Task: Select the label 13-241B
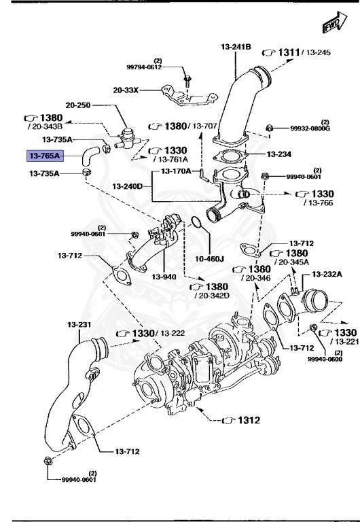pyautogui.click(x=236, y=47)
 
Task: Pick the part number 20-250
pyautogui.click(x=77, y=105)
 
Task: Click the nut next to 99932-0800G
pyautogui.click(x=269, y=128)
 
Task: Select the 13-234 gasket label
pyautogui.click(x=278, y=154)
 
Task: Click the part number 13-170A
pyautogui.click(x=176, y=171)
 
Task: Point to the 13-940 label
pyautogui.click(x=164, y=277)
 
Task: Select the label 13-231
pyautogui.click(x=78, y=324)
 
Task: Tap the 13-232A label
pyautogui.click(x=327, y=274)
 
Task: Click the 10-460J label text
pyautogui.click(x=210, y=258)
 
